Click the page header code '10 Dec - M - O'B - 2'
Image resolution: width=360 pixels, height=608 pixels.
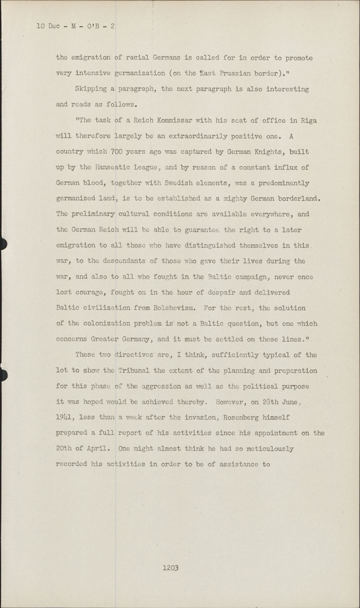[x=76, y=26]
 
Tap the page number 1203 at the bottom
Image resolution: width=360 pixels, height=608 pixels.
[x=171, y=567]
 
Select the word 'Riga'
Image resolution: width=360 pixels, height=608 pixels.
[x=309, y=120]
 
